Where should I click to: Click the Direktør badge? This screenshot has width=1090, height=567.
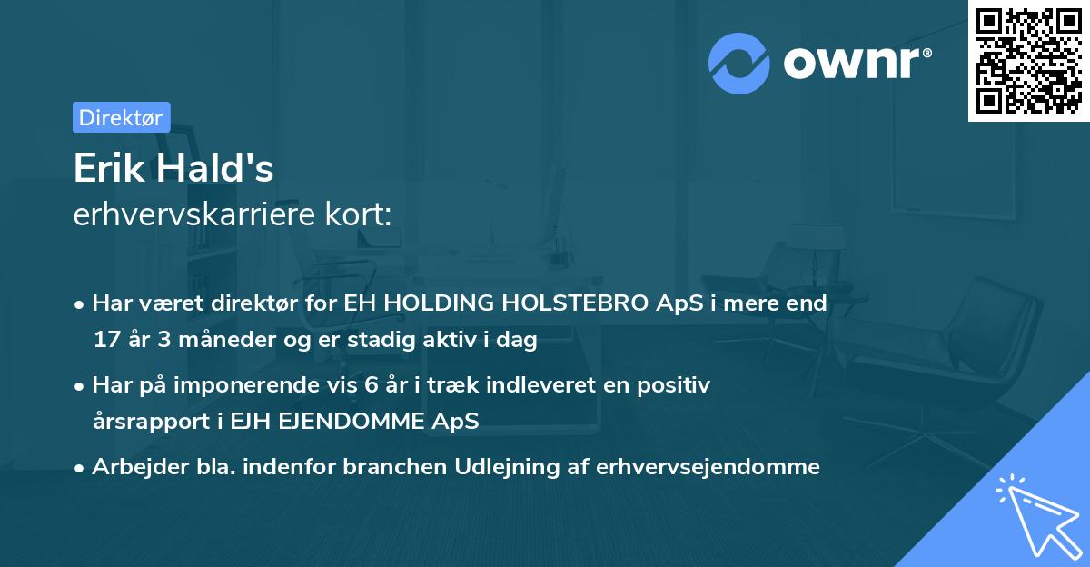click(x=121, y=117)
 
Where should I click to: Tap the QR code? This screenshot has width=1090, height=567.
click(x=1029, y=60)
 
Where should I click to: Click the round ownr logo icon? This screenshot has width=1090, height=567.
click(x=739, y=63)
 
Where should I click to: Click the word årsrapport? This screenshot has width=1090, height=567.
click(x=143, y=422)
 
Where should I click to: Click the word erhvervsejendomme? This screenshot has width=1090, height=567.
click(x=708, y=467)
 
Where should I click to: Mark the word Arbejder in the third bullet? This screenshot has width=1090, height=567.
click(x=133, y=467)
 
